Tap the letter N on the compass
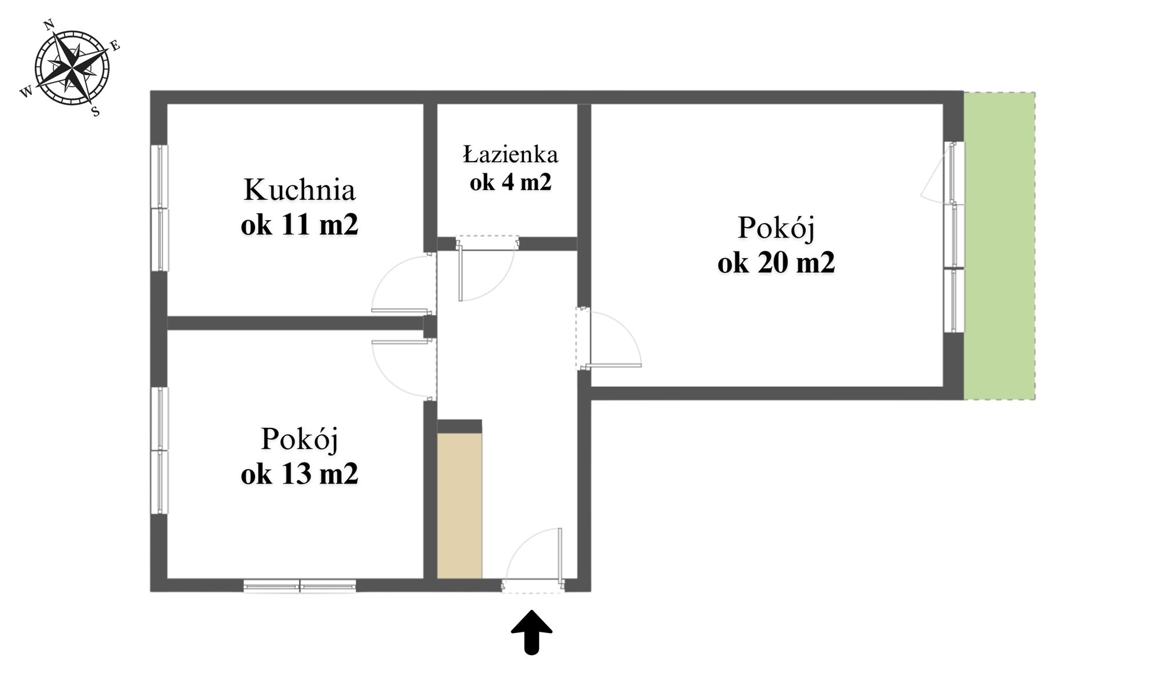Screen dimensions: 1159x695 (x=49, y=24)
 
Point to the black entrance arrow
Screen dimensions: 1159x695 (x=531, y=632)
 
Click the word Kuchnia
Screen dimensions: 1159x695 (x=299, y=190)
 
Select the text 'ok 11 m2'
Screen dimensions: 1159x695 (x=300, y=225)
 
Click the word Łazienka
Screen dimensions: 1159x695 (x=511, y=154)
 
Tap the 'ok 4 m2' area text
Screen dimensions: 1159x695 (x=511, y=182)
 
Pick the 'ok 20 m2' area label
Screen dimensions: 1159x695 (x=776, y=263)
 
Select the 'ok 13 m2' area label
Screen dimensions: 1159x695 (x=300, y=474)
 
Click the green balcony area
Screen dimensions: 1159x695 (x=1000, y=246)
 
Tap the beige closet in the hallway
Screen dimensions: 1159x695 (x=460, y=505)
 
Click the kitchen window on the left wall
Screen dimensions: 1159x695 (x=159, y=207)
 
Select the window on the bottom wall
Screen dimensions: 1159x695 (x=300, y=586)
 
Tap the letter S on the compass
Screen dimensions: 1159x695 (x=96, y=112)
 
